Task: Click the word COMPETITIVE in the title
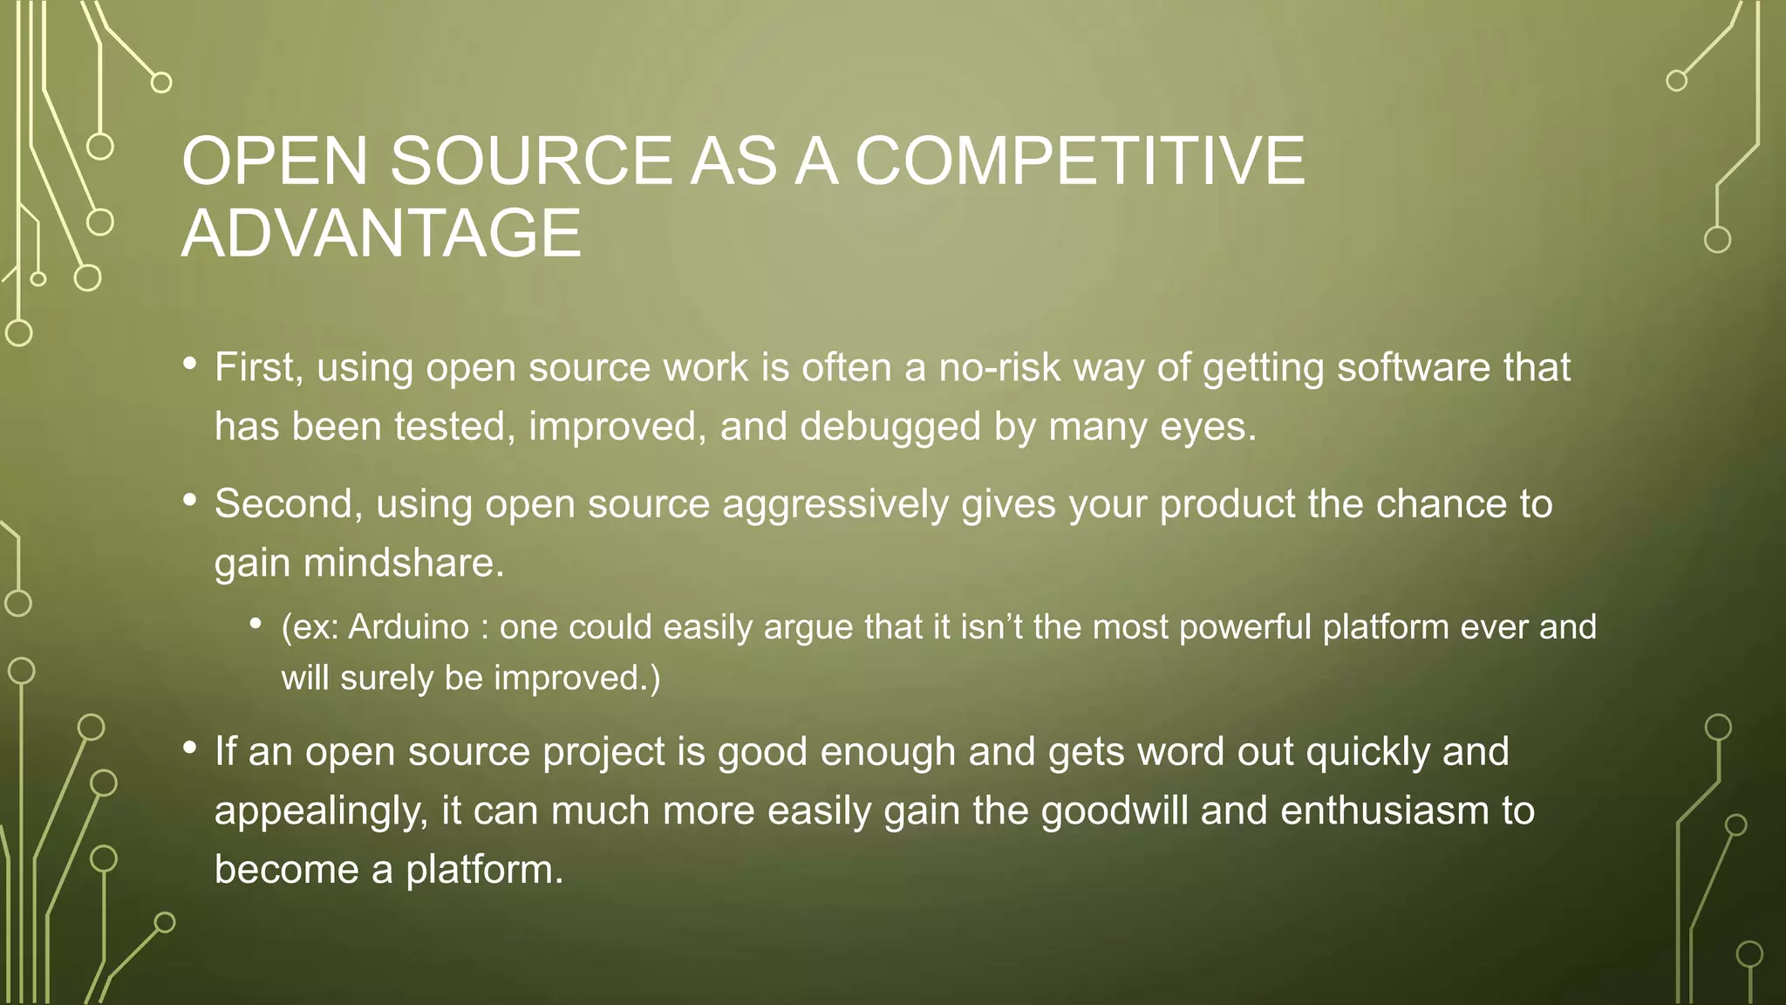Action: [1080, 161]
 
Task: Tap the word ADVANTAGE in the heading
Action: [381, 234]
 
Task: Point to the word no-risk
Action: [999, 367]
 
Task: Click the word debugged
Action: [890, 427]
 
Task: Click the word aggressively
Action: [835, 504]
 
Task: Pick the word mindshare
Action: [404, 563]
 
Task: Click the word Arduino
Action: [409, 627]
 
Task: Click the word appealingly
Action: [322, 811]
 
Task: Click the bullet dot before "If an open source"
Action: [190, 749]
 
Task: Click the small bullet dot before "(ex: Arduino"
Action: [256, 623]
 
